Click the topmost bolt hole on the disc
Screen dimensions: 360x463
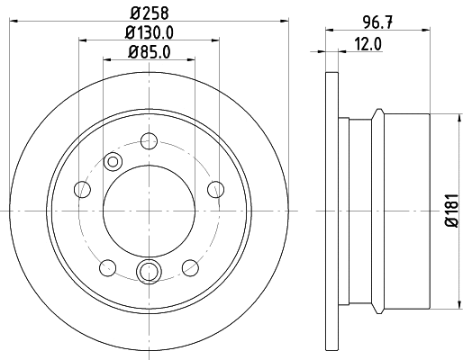click(149, 141)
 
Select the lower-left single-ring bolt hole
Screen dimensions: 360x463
click(108, 266)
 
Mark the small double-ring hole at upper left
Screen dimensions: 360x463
click(113, 161)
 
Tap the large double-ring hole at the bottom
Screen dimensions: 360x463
click(149, 272)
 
